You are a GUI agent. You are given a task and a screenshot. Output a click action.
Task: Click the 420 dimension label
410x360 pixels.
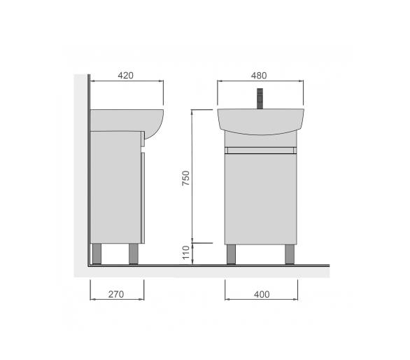point(125,76)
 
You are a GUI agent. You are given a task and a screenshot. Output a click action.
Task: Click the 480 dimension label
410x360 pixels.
point(259,76)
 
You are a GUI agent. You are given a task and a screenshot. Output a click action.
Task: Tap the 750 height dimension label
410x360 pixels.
point(185,178)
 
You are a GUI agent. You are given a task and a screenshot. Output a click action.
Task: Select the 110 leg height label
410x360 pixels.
point(185,253)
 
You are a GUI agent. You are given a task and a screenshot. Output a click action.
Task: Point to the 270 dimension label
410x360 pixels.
point(116,294)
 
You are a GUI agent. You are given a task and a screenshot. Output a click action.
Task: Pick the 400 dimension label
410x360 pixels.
point(262,295)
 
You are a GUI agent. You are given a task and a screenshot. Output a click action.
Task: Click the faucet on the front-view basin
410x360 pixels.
point(260,99)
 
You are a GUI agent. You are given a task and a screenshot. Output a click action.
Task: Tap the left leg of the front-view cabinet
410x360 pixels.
point(231,254)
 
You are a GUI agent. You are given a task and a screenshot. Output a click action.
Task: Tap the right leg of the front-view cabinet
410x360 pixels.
point(290,254)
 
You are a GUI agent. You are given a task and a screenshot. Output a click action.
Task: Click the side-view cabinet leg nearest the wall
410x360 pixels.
point(97,254)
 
